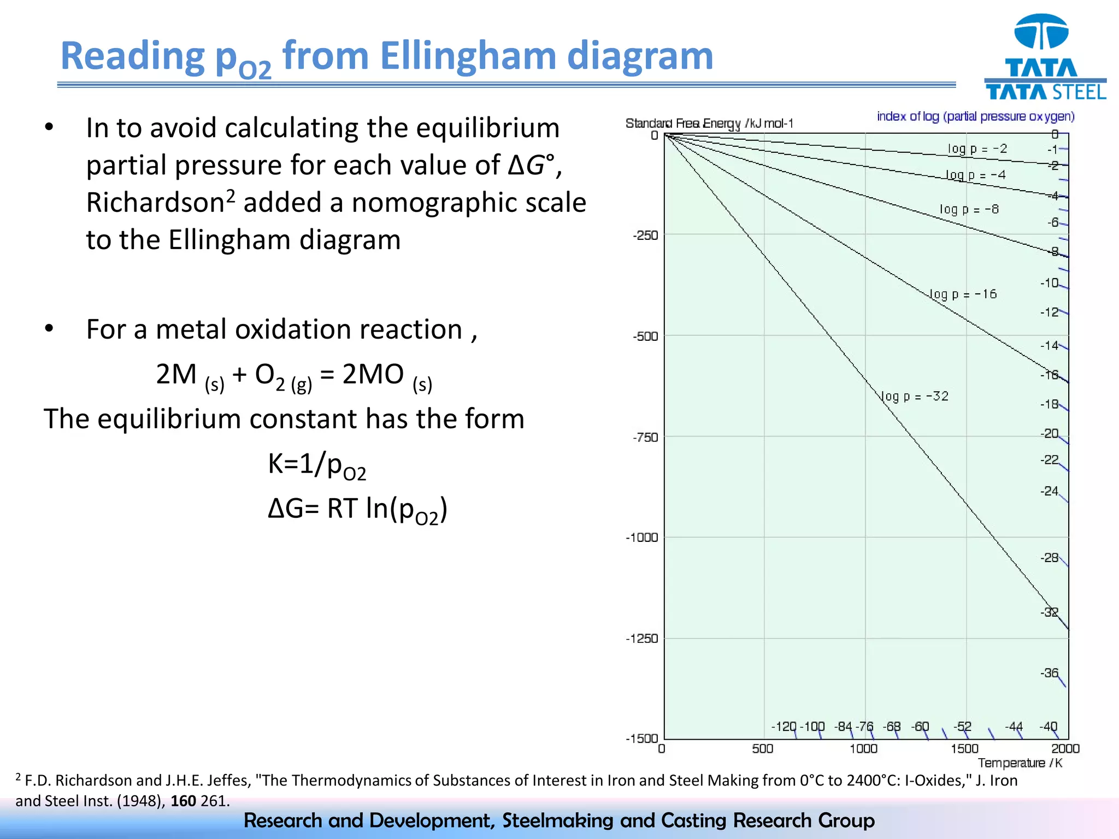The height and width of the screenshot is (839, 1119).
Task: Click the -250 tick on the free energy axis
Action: click(x=645, y=235)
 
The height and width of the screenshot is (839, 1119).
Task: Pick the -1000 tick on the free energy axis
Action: click(x=641, y=537)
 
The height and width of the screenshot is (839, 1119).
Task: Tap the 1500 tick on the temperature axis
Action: click(x=964, y=748)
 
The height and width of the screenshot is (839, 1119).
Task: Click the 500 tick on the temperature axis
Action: click(x=763, y=748)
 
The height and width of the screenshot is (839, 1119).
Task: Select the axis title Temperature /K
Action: click(x=1020, y=763)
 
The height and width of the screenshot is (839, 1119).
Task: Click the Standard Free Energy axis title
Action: click(x=709, y=123)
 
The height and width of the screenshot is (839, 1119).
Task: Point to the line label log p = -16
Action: click(x=963, y=294)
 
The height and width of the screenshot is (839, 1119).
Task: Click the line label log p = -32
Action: click(x=915, y=396)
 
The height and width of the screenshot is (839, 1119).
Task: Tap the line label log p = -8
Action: click(x=969, y=209)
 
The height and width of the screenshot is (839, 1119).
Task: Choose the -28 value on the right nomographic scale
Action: click(x=1050, y=558)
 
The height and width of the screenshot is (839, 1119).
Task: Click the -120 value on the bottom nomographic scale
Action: click(x=784, y=726)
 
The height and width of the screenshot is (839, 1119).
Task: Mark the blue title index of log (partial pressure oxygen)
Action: click(x=975, y=116)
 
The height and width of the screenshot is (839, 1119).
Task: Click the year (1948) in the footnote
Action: click(x=142, y=801)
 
